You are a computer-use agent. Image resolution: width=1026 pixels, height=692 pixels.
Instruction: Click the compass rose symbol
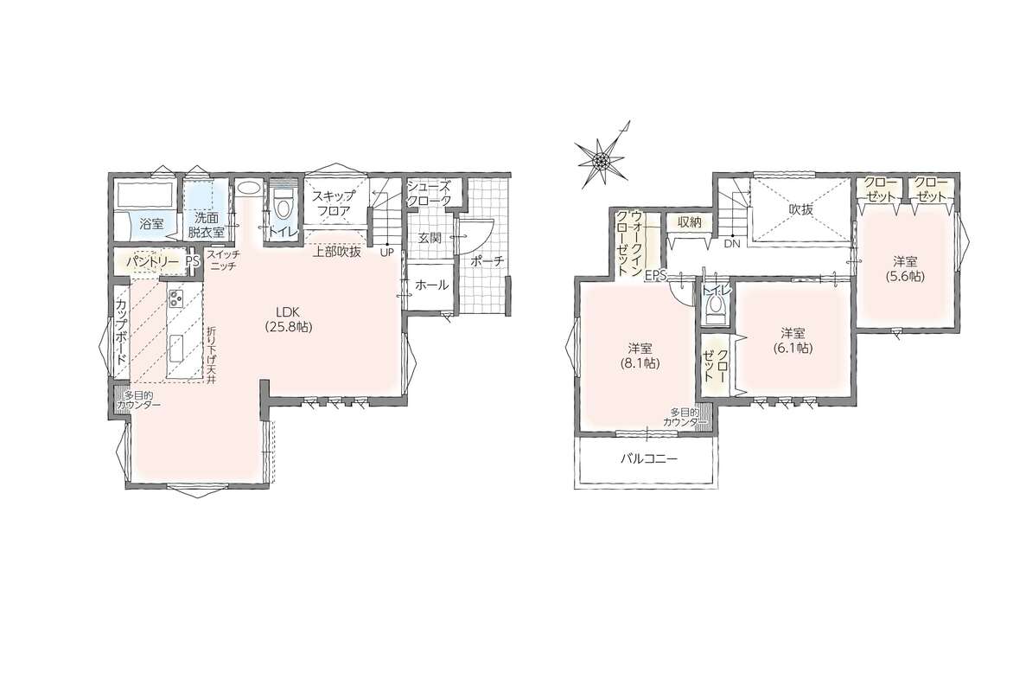[599, 156]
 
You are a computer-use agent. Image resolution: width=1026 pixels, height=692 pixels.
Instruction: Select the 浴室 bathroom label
[152, 223]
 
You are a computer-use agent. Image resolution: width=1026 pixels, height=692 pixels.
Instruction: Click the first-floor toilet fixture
[283, 204]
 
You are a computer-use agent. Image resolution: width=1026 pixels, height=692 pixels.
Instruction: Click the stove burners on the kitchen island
[176, 299]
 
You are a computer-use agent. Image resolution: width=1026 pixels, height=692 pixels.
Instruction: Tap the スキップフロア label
[333, 203]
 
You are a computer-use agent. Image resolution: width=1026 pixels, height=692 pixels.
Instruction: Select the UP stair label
[386, 252]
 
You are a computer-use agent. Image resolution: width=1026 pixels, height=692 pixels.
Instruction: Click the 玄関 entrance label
[430, 236]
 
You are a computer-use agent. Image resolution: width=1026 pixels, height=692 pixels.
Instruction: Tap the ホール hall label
[432, 285]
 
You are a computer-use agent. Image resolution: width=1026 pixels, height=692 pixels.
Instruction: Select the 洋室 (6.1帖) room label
[796, 341]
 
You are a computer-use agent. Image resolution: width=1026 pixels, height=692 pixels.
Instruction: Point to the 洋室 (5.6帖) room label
[906, 268]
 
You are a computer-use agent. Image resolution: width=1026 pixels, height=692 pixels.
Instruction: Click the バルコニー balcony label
[649, 459]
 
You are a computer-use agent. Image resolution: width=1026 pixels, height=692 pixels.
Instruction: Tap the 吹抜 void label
[801, 209]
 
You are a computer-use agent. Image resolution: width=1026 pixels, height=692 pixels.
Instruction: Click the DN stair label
[731, 244]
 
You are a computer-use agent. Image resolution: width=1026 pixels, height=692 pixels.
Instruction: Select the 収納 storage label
[690, 222]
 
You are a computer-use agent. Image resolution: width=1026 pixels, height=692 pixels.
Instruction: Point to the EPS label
[655, 276]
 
